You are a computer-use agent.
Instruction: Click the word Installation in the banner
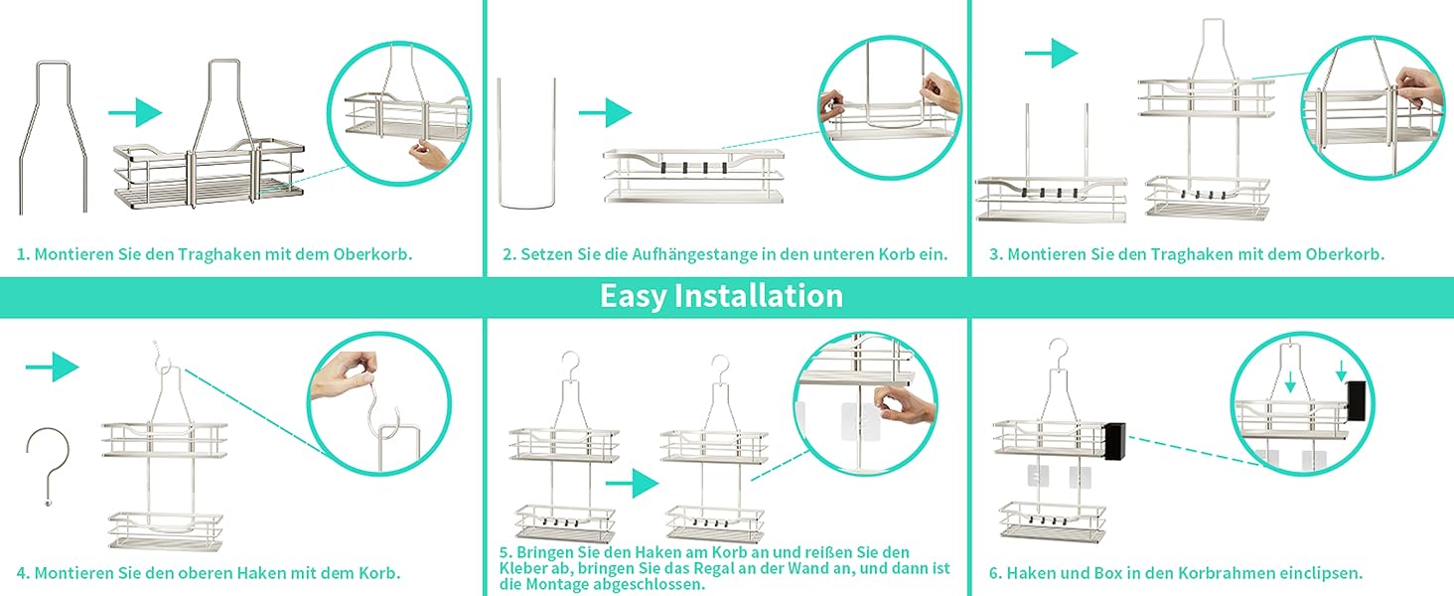[759, 295]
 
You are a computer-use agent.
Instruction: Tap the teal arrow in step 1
[134, 112]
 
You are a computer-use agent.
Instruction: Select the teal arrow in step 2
[605, 112]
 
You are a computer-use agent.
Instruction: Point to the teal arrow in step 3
[1051, 53]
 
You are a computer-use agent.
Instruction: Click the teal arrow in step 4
[52, 367]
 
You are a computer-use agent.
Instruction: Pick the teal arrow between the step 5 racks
[633, 483]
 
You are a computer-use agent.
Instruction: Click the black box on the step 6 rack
[1114, 441]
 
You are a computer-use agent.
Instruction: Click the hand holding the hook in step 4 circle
[344, 375]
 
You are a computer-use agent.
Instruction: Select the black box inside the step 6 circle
[1357, 400]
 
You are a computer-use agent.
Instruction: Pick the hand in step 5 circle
[904, 404]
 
